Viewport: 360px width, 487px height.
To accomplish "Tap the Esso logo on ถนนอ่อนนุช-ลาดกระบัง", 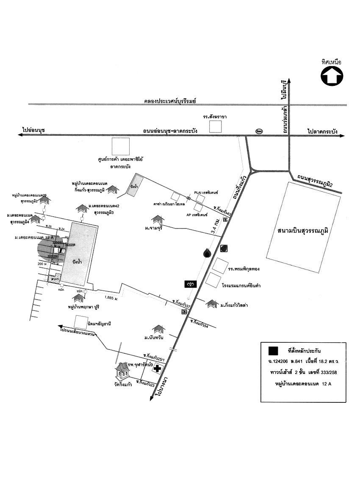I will click(x=259, y=131).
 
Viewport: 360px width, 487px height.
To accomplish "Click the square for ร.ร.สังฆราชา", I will click(x=216, y=127).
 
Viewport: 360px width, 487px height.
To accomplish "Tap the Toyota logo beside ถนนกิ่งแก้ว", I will click(x=190, y=284).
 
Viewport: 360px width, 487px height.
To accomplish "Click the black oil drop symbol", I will click(x=207, y=253).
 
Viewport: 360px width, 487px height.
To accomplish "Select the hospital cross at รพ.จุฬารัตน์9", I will click(x=157, y=369).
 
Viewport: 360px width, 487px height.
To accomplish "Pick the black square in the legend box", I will click(x=273, y=350).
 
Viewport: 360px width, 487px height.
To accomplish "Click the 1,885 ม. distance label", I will click(x=111, y=297).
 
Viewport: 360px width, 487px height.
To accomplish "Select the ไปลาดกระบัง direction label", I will click(x=323, y=132).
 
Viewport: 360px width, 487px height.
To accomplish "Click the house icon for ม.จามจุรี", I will click(x=158, y=219).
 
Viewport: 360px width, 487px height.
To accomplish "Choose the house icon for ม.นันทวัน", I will click(x=158, y=329).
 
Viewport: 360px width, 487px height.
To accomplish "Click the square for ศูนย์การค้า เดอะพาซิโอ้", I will click(x=120, y=146).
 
